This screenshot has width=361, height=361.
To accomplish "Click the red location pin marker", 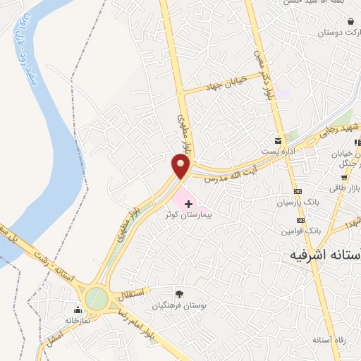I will tap(181, 166).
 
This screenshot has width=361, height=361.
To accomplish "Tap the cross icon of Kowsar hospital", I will tap(188, 204).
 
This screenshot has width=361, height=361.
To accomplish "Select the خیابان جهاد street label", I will tap(224, 85).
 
